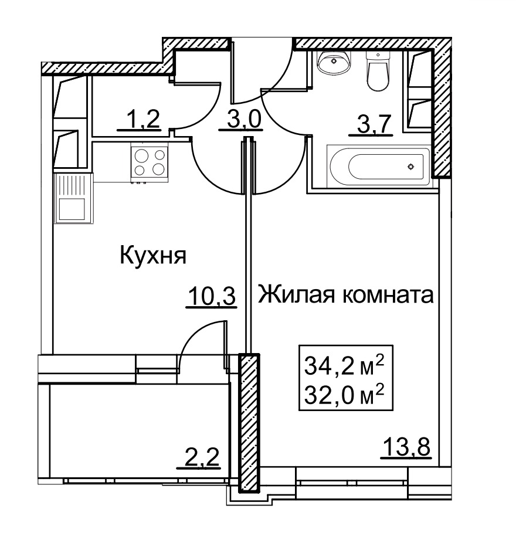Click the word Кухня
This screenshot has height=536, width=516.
153,256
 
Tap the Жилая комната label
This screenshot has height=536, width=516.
345,294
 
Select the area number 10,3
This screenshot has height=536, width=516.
212,296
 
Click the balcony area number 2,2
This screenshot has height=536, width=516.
202,457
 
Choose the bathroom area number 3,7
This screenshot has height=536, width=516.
374,124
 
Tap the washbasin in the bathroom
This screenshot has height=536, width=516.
334,62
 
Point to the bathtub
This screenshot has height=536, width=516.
379,167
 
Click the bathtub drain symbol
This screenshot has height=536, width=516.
410,167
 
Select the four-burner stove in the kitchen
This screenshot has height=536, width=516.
150,163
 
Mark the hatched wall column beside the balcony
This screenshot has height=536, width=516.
249,422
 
